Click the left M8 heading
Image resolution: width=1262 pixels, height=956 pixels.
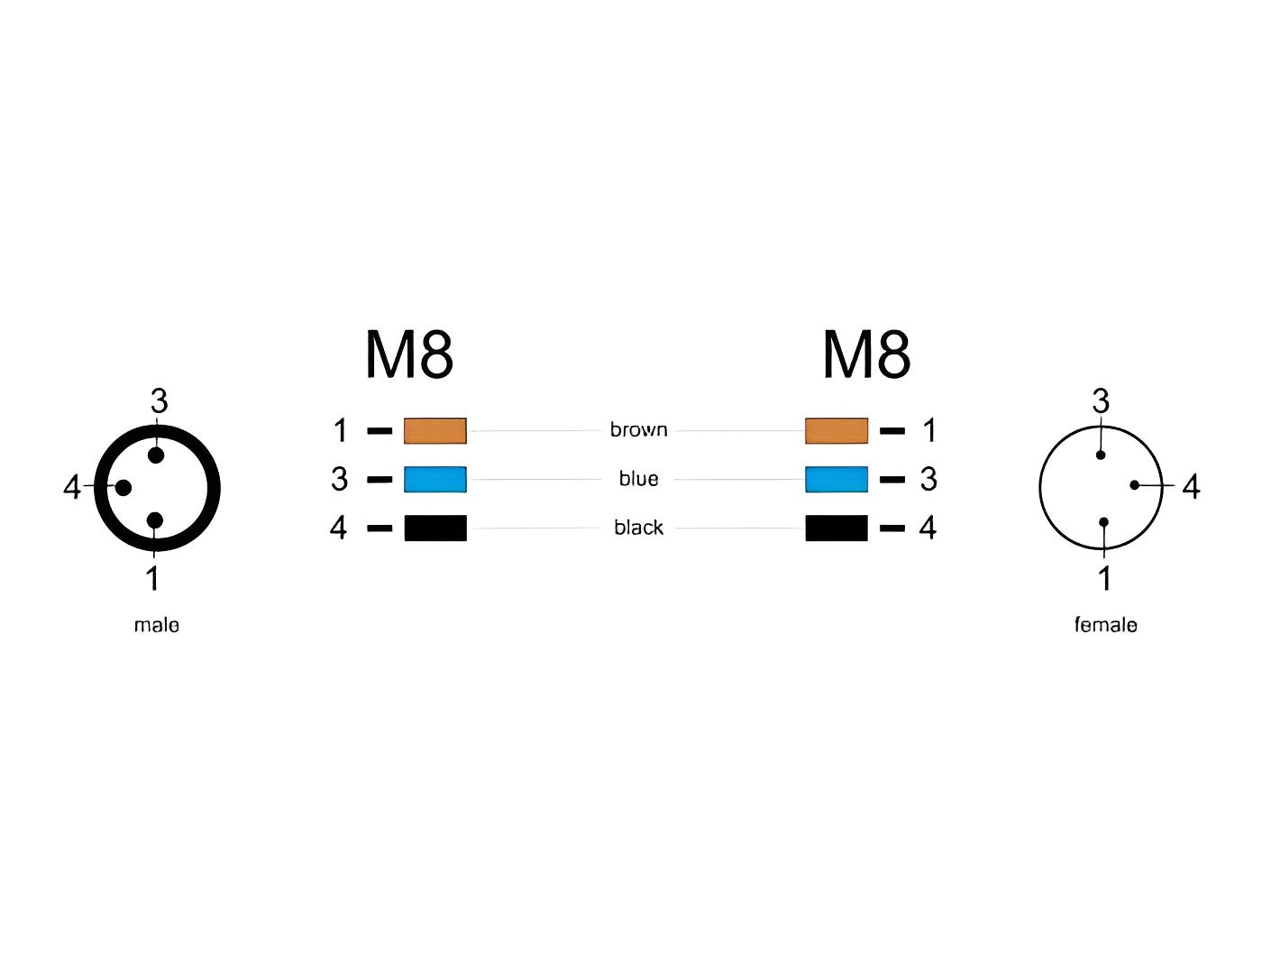point(408,354)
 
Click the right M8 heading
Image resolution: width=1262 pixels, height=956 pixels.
point(866,354)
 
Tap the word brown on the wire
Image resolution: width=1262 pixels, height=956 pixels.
point(638,429)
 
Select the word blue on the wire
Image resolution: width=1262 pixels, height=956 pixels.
point(638,479)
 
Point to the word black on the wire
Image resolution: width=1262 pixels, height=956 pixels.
point(638,528)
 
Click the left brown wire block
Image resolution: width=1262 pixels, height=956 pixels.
point(435,431)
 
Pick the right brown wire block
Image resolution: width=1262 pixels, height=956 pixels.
point(837,431)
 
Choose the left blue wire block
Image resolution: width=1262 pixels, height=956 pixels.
point(435,480)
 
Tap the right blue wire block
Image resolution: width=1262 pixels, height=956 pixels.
point(837,480)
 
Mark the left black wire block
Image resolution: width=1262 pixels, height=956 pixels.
point(435,528)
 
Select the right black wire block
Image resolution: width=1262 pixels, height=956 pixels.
point(837,528)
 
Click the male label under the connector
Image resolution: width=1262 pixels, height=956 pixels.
point(157,625)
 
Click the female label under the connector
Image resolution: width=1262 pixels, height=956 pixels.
point(1105,625)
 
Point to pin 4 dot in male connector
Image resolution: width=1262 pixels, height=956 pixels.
point(123,488)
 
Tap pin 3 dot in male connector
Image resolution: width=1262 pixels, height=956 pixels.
point(156,455)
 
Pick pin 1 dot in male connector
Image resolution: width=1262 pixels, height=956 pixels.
point(155,520)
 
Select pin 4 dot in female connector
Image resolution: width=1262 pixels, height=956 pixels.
point(1135,485)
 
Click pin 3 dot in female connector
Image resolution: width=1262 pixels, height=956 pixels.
point(1101,455)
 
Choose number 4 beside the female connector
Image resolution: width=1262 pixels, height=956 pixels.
point(1191,487)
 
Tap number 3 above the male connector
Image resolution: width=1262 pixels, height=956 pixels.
point(159,400)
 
